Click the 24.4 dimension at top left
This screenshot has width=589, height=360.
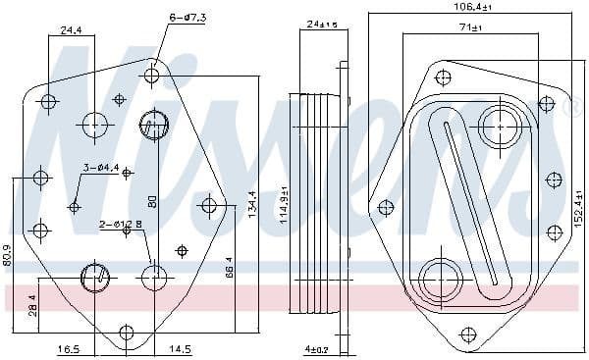coord(71,30)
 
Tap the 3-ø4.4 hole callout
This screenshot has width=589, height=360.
coord(101,168)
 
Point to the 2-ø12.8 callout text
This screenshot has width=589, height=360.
coord(122,225)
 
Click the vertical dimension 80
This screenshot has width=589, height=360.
coord(152,200)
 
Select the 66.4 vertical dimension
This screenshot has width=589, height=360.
coord(229,266)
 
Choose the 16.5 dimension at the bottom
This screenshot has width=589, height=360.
coord(68,348)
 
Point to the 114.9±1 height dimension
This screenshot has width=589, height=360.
coord(285,206)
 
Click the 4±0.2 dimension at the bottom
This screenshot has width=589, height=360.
coord(316,348)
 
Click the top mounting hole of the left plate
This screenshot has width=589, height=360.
coord(152,76)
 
